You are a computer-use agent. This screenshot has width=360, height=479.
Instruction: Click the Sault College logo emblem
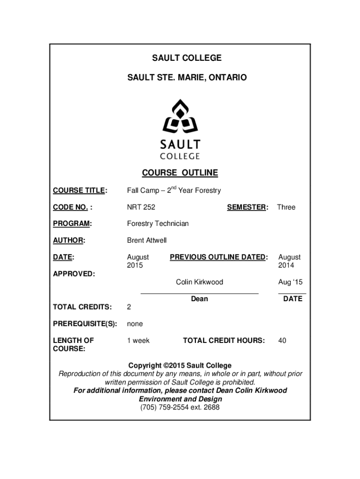tap(180, 116)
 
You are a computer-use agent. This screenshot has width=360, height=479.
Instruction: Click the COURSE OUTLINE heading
tap(180, 173)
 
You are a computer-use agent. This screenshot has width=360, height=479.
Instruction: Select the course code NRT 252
tap(141, 207)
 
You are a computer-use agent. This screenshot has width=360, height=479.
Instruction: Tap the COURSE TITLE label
tap(80, 190)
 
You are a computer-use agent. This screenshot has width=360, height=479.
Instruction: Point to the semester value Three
tap(286, 207)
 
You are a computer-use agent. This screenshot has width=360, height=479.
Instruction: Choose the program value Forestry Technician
tap(158, 224)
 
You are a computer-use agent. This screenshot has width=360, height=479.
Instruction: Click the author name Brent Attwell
tap(147, 240)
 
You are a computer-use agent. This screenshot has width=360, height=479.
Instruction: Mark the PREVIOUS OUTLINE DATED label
tap(219, 257)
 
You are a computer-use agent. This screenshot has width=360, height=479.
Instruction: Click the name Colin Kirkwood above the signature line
tap(200, 282)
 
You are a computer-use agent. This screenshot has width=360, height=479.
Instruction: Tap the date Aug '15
tap(290, 282)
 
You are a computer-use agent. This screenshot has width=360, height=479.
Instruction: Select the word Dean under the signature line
tap(200, 299)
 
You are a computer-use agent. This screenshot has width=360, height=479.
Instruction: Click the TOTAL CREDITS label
tap(82, 307)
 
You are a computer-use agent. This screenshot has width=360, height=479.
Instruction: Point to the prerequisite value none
tap(135, 324)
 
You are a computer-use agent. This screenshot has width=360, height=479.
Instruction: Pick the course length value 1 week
tap(138, 341)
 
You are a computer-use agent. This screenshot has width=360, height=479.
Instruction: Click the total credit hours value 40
tap(282, 341)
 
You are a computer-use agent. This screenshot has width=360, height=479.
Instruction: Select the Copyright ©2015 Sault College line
tap(180, 365)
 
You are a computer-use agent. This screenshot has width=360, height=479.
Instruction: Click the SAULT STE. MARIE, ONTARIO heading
tap(180, 77)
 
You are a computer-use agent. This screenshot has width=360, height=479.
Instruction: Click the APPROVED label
tap(74, 274)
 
